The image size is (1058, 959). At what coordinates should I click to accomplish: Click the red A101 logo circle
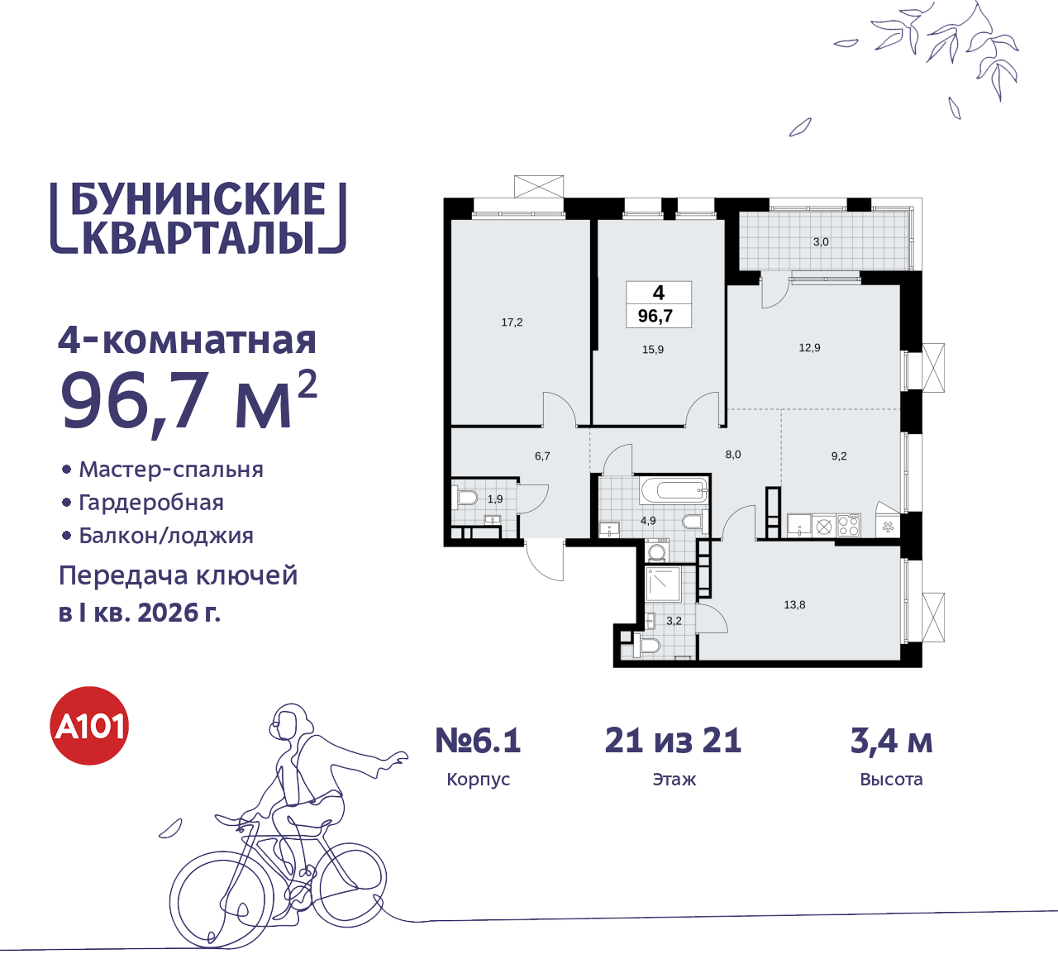click(x=89, y=726)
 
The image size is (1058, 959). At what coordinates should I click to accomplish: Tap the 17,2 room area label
click(x=512, y=322)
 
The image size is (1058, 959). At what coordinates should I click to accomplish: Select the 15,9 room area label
click(x=653, y=350)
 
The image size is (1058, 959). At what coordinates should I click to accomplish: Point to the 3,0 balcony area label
click(x=821, y=242)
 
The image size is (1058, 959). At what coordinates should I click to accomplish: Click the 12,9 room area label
click(x=809, y=348)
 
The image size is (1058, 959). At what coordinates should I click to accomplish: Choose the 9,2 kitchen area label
click(x=839, y=456)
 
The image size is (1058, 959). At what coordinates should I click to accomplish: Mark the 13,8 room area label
click(x=794, y=605)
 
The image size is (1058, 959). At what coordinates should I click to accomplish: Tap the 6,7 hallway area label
click(x=542, y=456)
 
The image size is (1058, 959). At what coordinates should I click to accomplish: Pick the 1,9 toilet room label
click(x=495, y=499)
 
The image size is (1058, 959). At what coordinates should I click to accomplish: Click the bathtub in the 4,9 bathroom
click(x=674, y=489)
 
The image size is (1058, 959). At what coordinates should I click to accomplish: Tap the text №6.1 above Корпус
click(x=478, y=741)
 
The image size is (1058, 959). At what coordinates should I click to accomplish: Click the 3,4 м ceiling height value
click(x=891, y=741)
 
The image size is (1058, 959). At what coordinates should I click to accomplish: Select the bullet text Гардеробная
click(x=151, y=503)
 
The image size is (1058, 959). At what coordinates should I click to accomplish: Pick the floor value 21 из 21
click(x=674, y=741)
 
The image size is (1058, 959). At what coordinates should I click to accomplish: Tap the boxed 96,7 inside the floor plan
click(x=655, y=316)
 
